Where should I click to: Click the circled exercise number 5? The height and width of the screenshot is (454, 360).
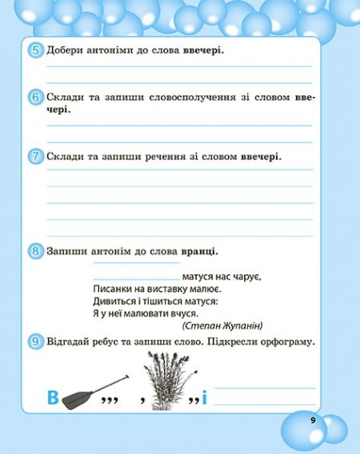(x=35, y=51)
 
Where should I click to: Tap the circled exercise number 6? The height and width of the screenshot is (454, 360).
(x=35, y=98)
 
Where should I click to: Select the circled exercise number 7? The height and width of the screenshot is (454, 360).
(x=35, y=157)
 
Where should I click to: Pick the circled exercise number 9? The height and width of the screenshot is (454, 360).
(x=35, y=342)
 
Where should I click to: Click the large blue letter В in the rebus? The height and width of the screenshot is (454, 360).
(x=52, y=397)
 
